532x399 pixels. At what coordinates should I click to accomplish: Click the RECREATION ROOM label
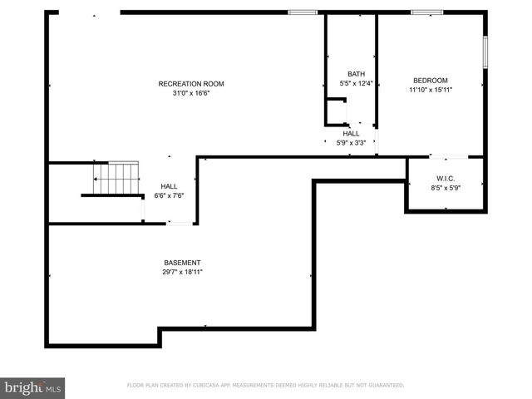191,83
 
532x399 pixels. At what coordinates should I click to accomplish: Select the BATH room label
357,74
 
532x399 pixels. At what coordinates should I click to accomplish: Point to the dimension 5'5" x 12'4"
357,83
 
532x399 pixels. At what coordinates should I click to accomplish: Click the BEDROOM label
430,81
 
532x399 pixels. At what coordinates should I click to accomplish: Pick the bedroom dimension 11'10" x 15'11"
430,90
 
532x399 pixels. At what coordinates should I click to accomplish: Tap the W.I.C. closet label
446,180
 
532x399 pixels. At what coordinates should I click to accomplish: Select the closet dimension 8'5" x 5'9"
446,189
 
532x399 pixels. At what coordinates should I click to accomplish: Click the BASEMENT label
182,263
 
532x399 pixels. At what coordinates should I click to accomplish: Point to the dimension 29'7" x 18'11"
182,272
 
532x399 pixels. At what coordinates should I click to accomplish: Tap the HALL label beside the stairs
169,186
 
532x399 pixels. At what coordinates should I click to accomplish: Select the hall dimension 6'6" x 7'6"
169,195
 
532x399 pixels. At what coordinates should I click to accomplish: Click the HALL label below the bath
351,133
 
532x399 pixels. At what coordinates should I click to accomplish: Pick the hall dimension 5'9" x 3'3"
351,142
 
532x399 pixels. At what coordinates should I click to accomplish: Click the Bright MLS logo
33,387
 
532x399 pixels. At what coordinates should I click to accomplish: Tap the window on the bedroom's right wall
485,51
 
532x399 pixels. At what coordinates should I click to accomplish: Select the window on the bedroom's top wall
427,12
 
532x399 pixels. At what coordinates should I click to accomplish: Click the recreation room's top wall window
303,12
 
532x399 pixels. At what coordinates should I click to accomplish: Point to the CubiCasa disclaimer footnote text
265,385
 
